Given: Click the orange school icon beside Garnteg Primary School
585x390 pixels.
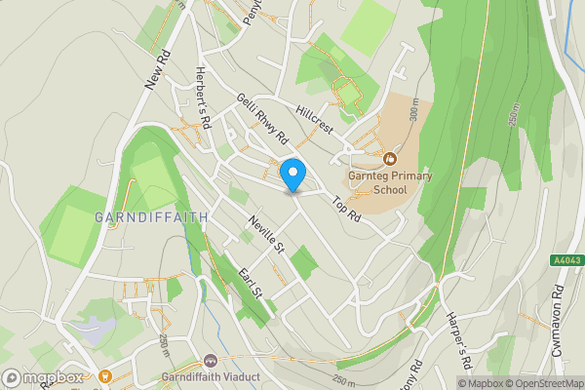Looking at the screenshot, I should pos(390,158).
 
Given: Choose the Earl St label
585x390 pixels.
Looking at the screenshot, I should pos(251,279).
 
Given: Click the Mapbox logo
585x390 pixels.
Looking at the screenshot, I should pos(42,378).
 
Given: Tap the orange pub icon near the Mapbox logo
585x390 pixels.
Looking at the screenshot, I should pos(103,375).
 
